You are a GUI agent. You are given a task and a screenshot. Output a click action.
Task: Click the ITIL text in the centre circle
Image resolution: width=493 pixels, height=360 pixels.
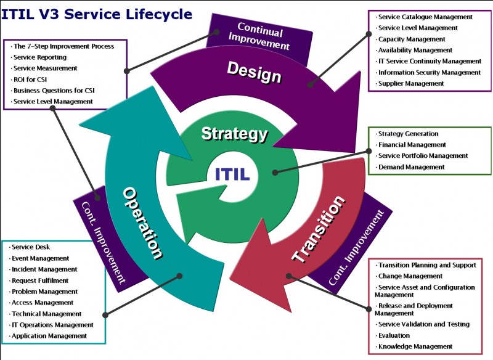point(232,174)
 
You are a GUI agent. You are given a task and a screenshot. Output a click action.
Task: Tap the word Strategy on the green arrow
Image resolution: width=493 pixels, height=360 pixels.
point(235,134)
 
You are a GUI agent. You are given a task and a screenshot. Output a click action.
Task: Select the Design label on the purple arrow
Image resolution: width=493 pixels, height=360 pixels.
point(254,72)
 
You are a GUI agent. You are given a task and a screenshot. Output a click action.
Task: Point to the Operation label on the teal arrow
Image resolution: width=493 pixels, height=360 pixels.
point(144,223)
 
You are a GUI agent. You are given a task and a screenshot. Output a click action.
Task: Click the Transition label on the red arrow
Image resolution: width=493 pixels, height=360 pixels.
point(319,229)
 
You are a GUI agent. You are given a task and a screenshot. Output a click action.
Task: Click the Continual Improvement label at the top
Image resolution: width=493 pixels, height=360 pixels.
point(259,36)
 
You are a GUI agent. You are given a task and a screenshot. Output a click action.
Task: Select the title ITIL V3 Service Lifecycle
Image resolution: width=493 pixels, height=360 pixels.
point(97,14)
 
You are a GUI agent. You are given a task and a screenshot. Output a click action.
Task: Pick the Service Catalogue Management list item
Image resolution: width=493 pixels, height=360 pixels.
point(425,17)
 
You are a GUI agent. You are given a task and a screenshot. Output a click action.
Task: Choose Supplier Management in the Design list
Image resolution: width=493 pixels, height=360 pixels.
point(411,84)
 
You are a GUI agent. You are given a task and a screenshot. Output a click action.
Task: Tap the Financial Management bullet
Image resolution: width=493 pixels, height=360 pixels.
point(412,145)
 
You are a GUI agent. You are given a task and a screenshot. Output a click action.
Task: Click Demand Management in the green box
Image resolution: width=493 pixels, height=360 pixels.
point(411,167)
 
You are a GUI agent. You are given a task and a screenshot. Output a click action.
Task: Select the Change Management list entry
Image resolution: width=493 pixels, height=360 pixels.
point(410,276)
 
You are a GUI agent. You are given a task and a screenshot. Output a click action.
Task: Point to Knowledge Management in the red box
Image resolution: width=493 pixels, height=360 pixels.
point(415,346)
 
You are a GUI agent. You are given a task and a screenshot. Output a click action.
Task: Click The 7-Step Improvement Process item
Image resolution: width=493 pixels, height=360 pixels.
point(63,46)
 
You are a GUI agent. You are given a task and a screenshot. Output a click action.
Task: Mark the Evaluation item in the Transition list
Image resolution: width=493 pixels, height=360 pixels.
point(394,335)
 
